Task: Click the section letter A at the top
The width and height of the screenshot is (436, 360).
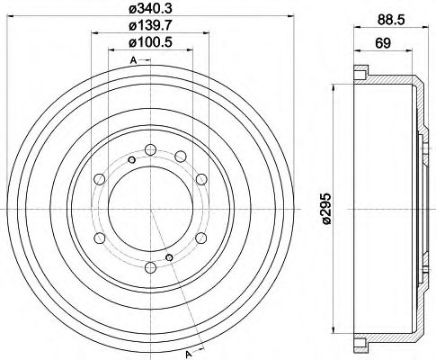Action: click(133, 60)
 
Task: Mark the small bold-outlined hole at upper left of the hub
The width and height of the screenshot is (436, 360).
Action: click(131, 160)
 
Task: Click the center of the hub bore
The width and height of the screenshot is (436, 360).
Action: click(150, 210)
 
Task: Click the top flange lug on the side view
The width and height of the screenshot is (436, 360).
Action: click(360, 71)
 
